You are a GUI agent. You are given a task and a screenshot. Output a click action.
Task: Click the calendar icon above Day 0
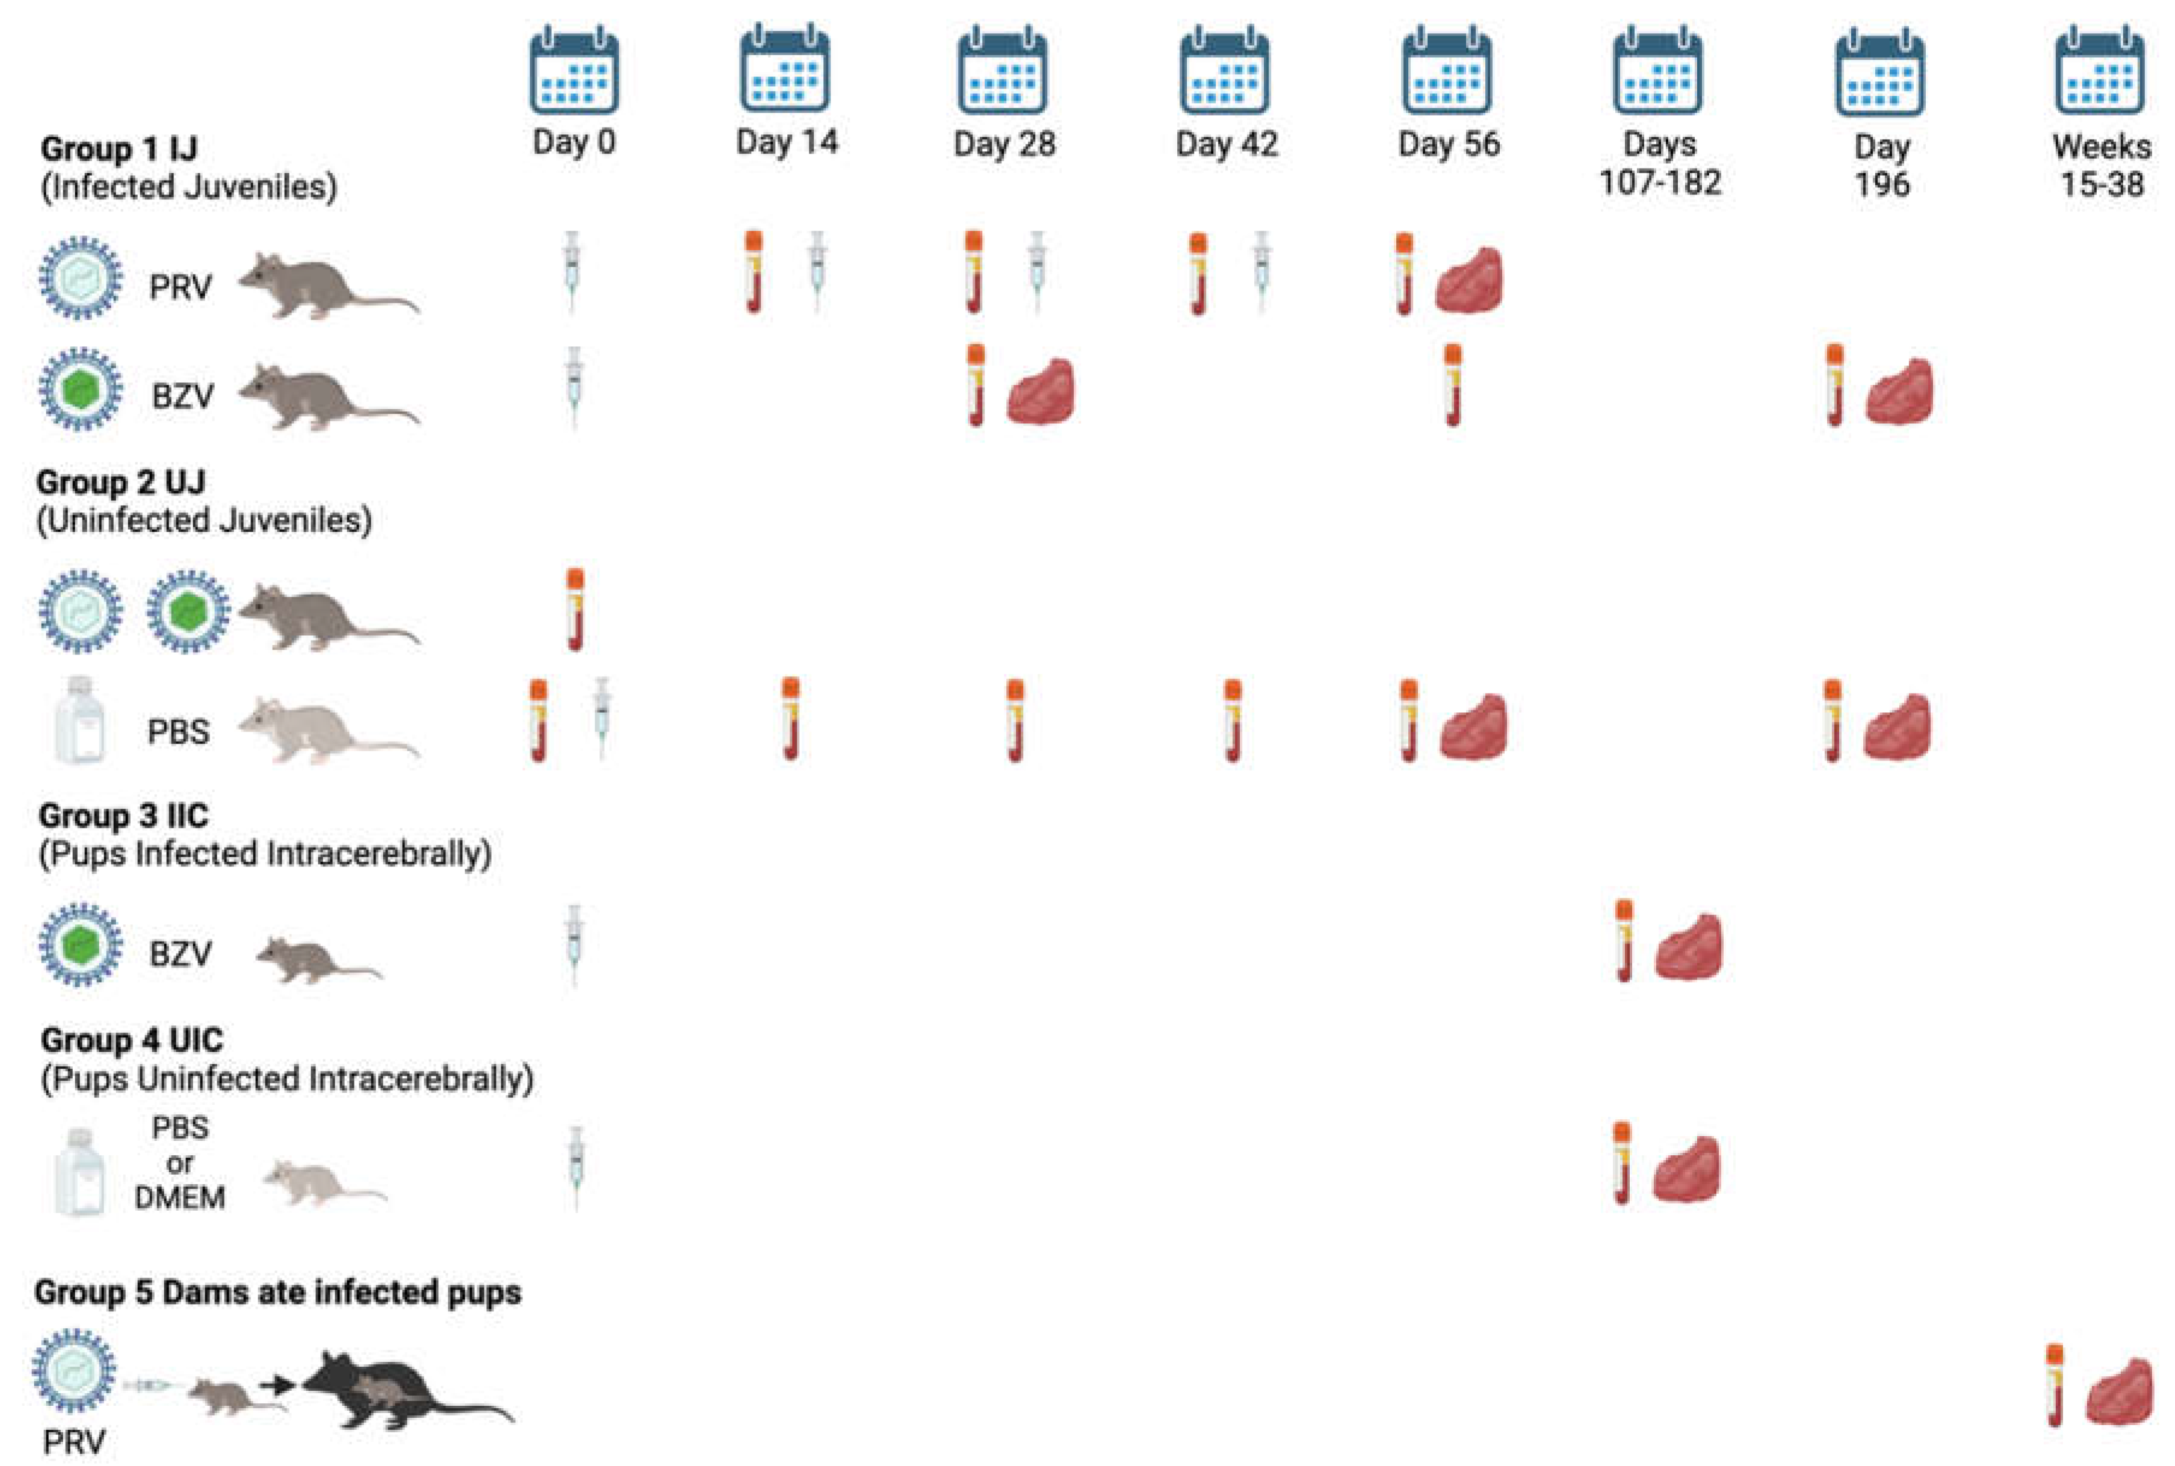pyautogui.click(x=574, y=71)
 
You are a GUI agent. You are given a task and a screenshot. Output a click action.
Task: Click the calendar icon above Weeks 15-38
pyautogui.click(x=2099, y=71)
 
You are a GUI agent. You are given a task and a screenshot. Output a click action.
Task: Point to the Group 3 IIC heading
pyautogui.click(x=123, y=815)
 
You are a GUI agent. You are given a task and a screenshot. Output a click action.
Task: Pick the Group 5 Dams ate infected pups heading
pyautogui.click(x=277, y=1292)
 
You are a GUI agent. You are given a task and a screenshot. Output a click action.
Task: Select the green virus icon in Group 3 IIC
pyautogui.click(x=81, y=944)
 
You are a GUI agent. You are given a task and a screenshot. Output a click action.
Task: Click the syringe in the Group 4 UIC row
pyautogui.click(x=576, y=1168)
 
